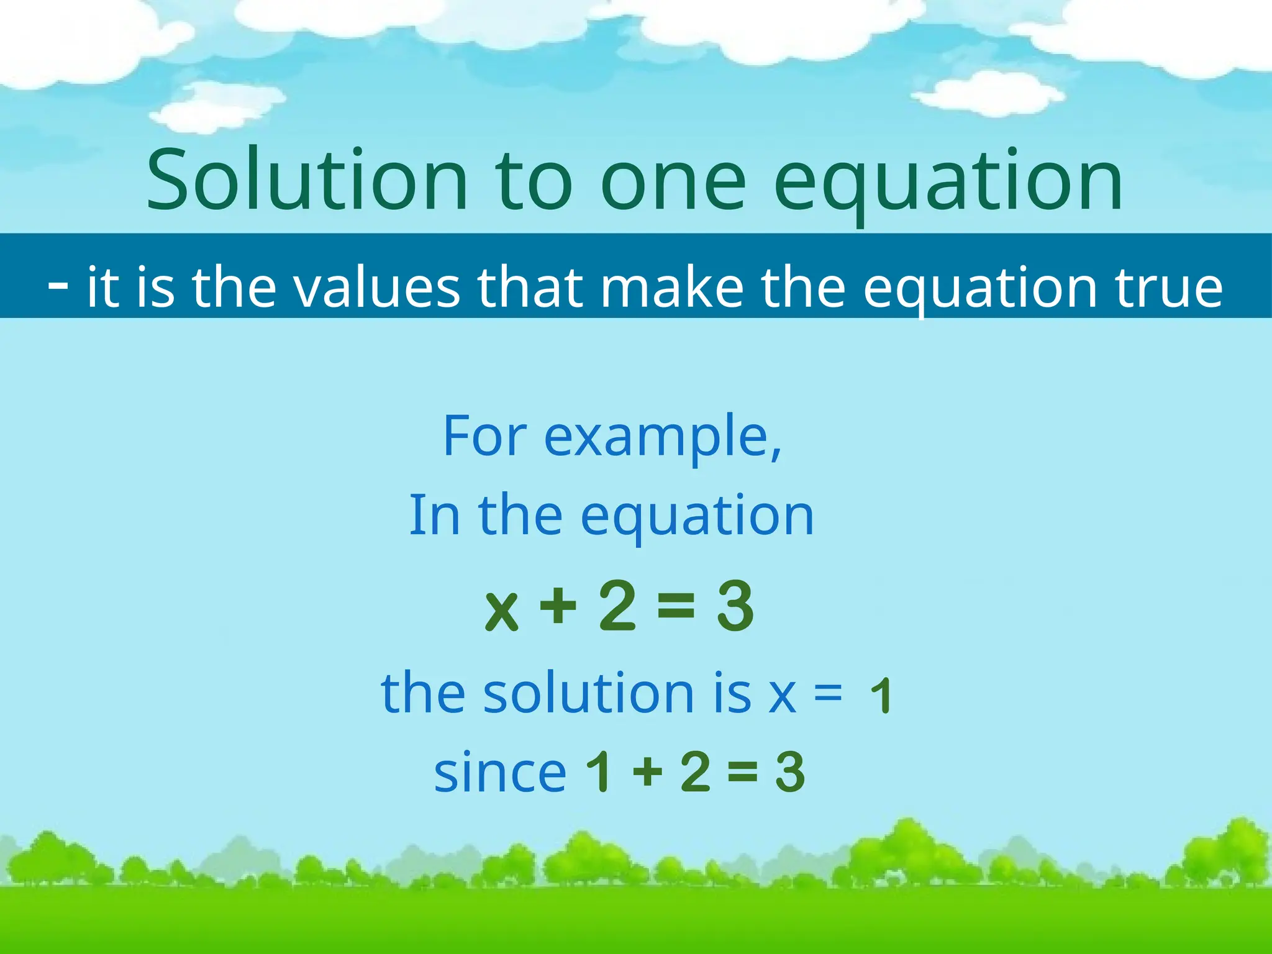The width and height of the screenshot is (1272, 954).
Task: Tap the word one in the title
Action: point(673,183)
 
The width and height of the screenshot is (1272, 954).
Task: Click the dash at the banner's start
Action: point(58,286)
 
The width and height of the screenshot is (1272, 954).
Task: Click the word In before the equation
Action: point(434,515)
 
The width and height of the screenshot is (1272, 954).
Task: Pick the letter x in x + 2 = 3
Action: point(502,610)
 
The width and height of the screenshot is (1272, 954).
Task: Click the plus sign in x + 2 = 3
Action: point(558,606)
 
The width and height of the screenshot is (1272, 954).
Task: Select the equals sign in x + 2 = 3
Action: point(676,606)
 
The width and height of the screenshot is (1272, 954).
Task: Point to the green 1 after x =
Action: point(881,696)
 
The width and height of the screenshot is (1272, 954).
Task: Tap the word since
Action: point(501,773)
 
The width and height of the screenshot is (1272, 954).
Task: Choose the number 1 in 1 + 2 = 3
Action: point(600,771)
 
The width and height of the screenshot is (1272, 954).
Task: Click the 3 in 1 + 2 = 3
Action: point(790,771)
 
